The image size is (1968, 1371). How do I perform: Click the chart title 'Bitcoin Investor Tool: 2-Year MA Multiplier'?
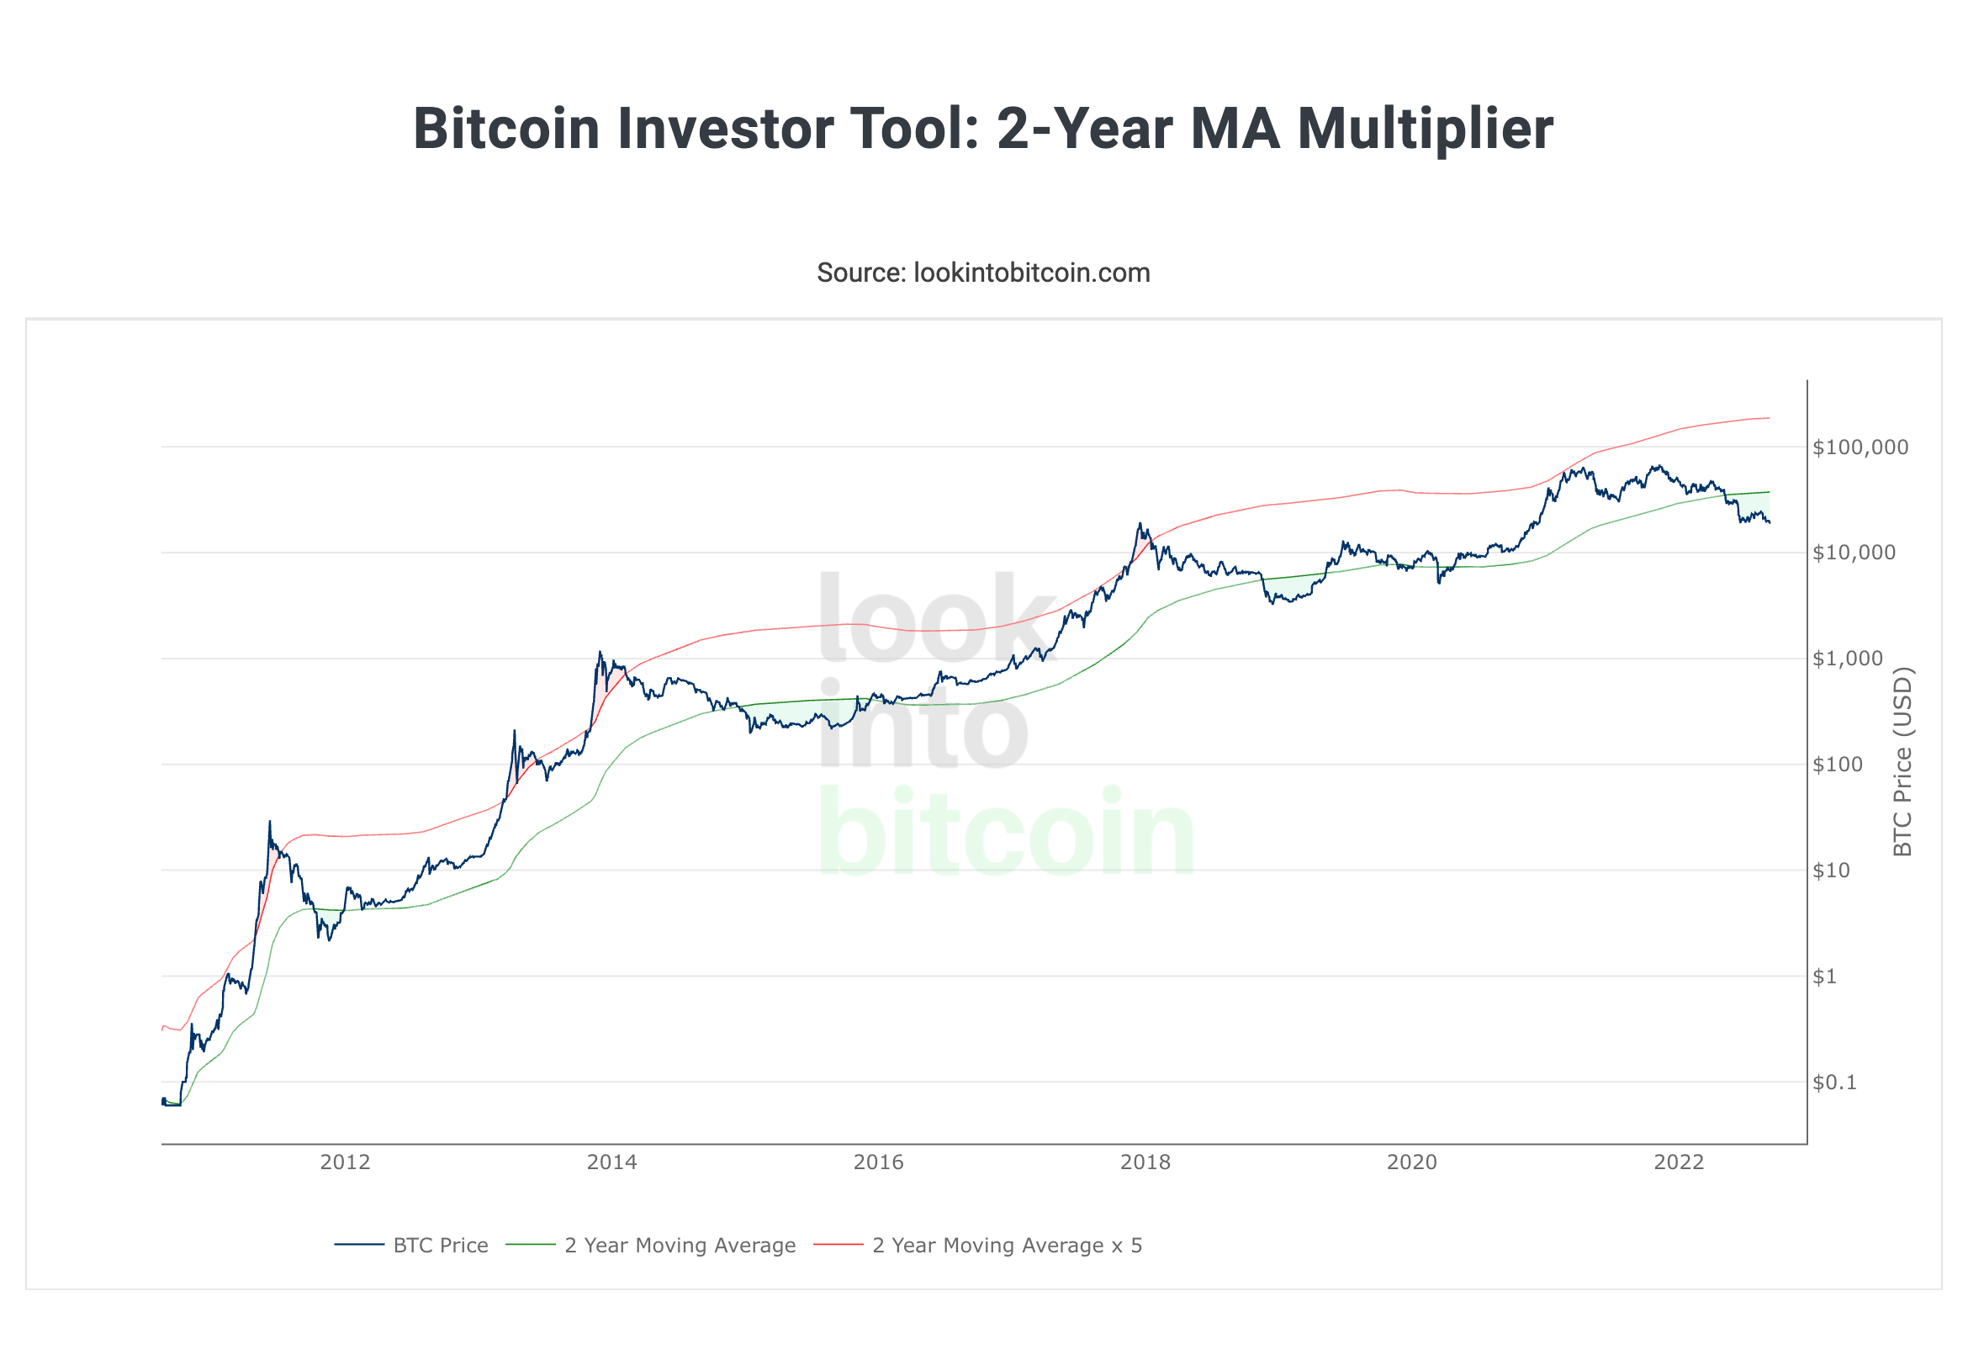pyautogui.click(x=983, y=129)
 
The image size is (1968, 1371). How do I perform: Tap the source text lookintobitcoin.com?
pyautogui.click(x=983, y=273)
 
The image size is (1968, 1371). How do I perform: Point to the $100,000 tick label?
pyautogui.click(x=1860, y=447)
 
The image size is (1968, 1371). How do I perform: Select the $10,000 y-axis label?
pyautogui.click(x=1854, y=553)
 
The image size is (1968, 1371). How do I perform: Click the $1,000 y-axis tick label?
pyautogui.click(x=1847, y=659)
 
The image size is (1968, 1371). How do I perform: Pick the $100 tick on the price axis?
pyautogui.click(x=1837, y=765)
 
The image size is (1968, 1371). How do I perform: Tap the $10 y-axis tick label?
pyautogui.click(x=1831, y=871)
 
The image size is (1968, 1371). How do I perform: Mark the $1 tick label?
pyautogui.click(x=1824, y=977)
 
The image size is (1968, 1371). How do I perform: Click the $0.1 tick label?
pyautogui.click(x=1834, y=1083)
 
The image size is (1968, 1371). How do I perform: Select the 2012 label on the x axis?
pyautogui.click(x=345, y=1162)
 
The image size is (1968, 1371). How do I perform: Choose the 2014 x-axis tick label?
pyautogui.click(x=612, y=1162)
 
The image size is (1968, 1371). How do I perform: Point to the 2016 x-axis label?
pyautogui.click(x=879, y=1162)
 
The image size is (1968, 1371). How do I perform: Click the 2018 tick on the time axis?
pyautogui.click(x=1145, y=1162)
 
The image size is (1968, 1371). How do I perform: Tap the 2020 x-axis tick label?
pyautogui.click(x=1412, y=1162)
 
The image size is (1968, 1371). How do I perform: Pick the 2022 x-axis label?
pyautogui.click(x=1679, y=1162)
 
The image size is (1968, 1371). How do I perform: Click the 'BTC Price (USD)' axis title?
pyautogui.click(x=1902, y=761)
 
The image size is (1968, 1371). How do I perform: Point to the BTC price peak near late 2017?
pyautogui.click(x=1140, y=524)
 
